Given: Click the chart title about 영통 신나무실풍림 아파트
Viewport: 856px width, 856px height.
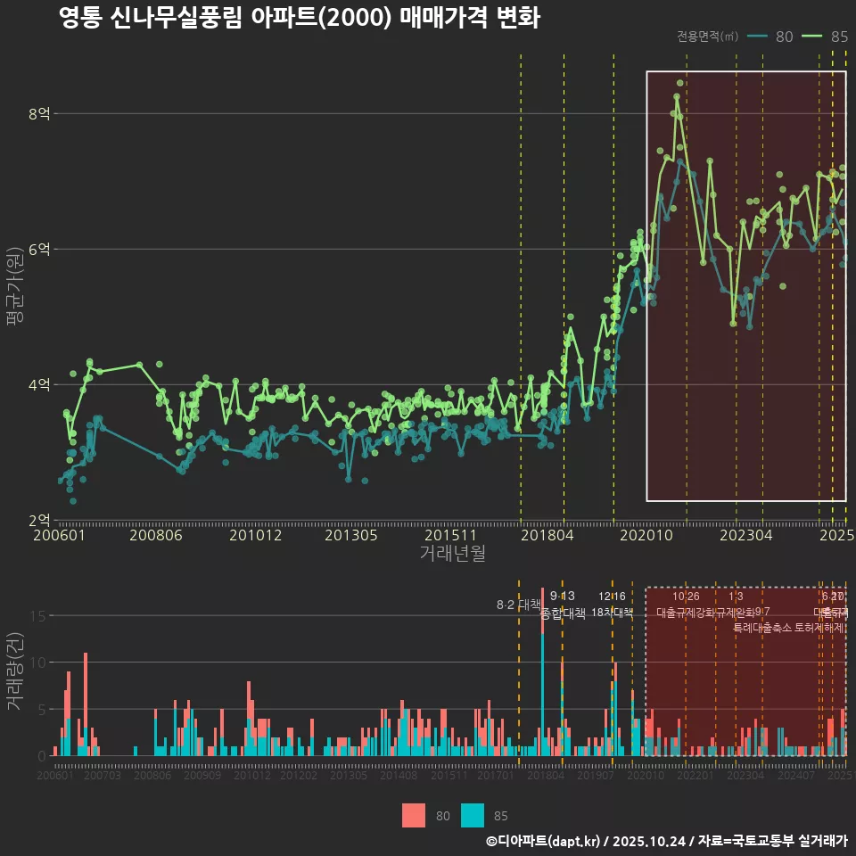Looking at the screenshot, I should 299,18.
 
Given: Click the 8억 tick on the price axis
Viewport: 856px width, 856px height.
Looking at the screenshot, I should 39,114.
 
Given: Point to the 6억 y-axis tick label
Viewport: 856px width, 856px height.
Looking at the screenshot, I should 39,250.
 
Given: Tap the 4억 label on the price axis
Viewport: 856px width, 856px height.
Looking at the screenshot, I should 39,385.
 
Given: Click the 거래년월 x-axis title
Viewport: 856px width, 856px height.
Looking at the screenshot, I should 452,554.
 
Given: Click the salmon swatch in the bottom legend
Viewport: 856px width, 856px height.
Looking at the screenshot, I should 414,815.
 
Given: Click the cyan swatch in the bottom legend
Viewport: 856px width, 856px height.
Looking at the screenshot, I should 473,815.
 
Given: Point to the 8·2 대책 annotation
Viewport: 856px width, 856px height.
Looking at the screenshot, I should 519,605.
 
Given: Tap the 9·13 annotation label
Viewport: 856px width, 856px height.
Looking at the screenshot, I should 563,596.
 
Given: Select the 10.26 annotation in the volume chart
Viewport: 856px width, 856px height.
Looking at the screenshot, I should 686,596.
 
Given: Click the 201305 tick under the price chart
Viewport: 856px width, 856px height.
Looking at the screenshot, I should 350,535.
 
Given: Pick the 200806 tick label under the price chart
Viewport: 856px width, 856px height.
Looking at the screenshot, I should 155,535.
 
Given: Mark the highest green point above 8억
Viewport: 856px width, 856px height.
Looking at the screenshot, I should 679,84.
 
